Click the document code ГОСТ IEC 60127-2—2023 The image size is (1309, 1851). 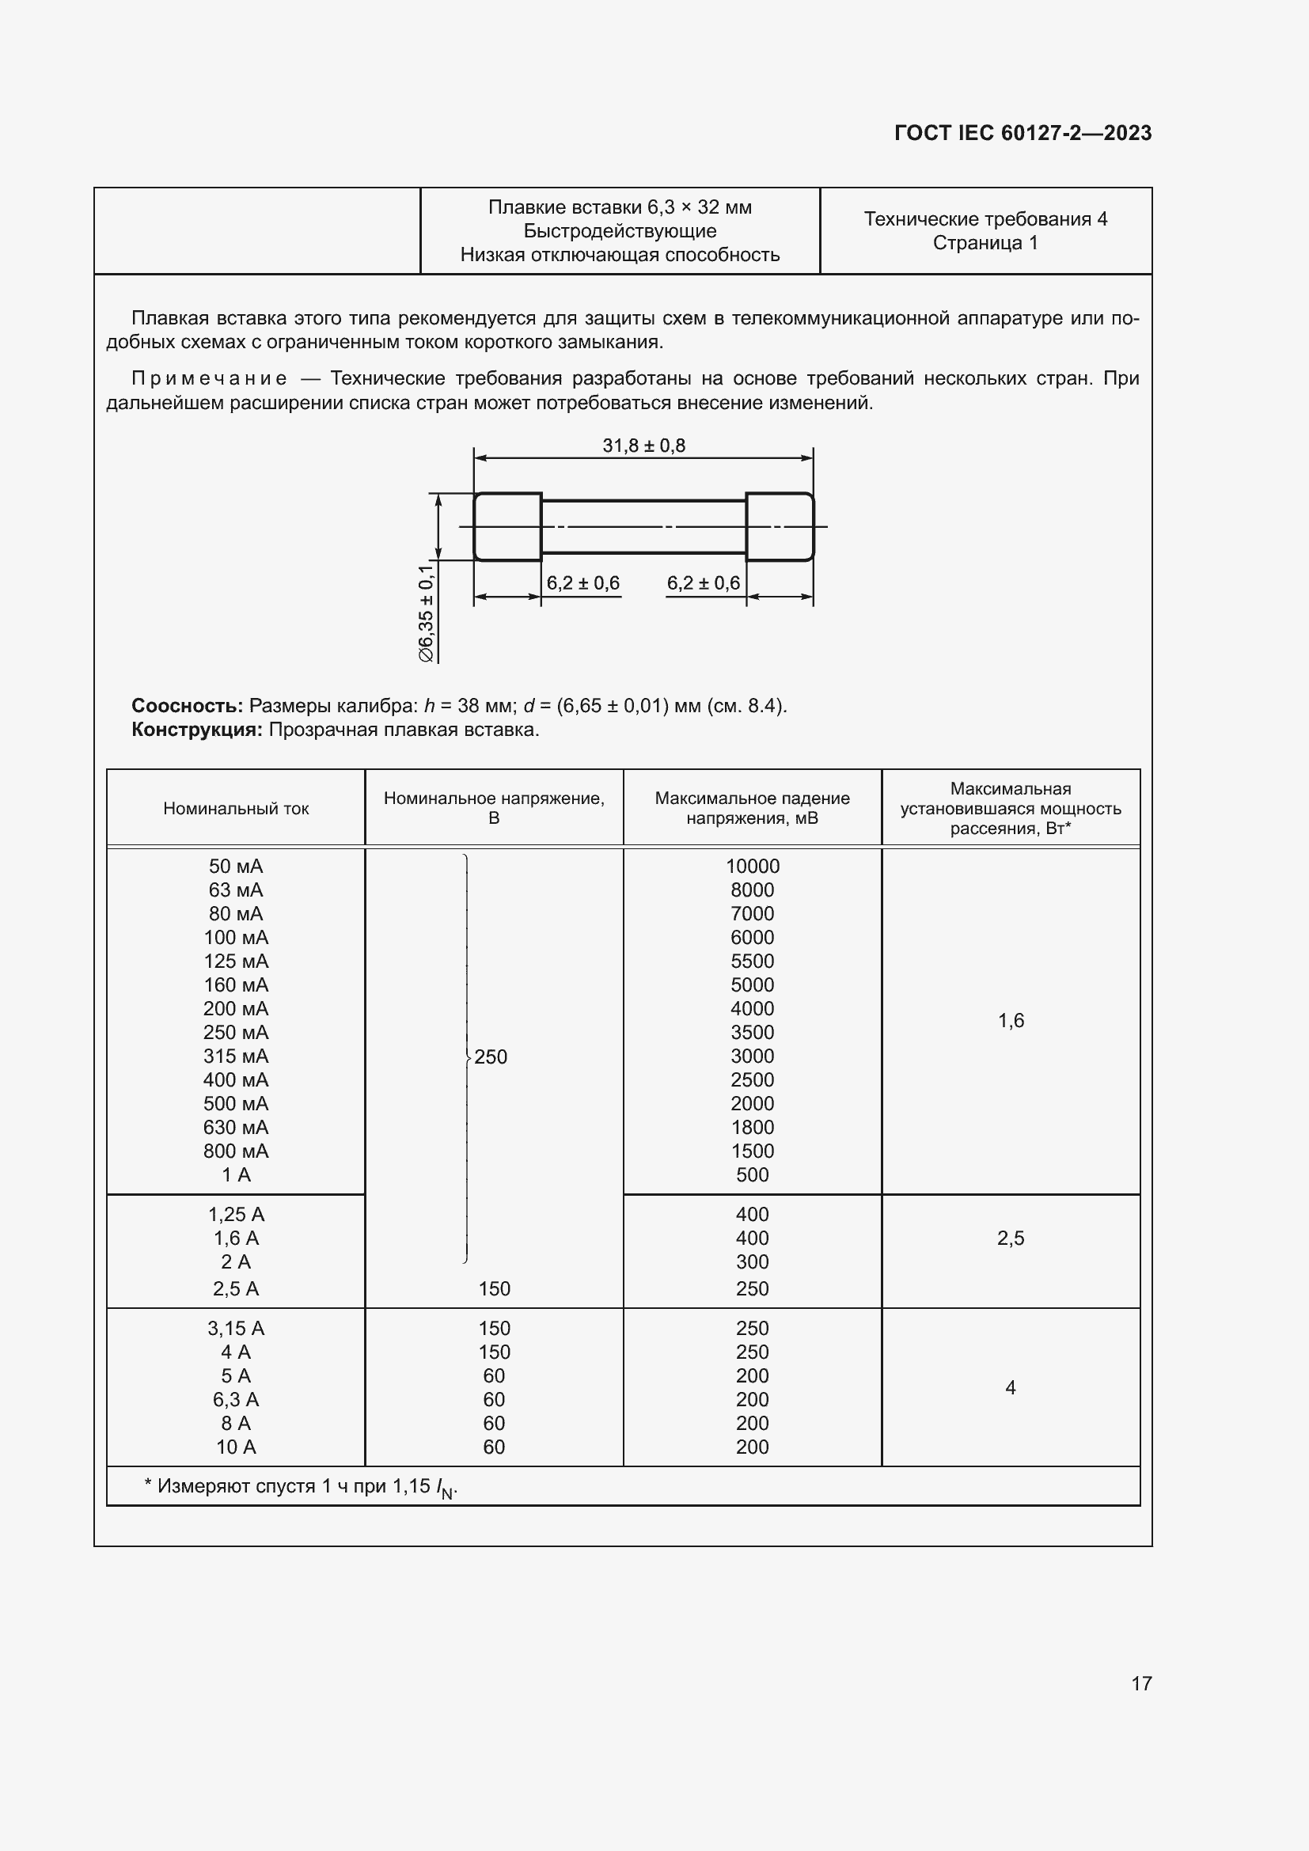[1022, 133]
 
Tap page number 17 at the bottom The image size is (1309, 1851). [1141, 1683]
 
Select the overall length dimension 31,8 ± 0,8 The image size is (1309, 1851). [643, 446]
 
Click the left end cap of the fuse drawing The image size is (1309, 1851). [507, 526]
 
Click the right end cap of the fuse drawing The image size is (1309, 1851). [780, 526]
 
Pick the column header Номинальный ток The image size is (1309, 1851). [235, 809]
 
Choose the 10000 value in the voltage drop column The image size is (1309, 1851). [752, 866]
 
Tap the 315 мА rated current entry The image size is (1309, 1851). [235, 1056]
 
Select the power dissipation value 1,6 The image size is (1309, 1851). [1010, 1021]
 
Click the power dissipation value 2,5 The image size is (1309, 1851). [1010, 1238]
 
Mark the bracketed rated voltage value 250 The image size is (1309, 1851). [490, 1057]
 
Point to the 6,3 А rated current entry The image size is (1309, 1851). [235, 1400]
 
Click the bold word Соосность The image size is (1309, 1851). [187, 705]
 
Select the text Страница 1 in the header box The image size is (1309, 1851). [985, 243]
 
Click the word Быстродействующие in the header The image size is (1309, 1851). [619, 231]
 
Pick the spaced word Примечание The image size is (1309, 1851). [209, 378]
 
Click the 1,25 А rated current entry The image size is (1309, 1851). [235, 1214]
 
